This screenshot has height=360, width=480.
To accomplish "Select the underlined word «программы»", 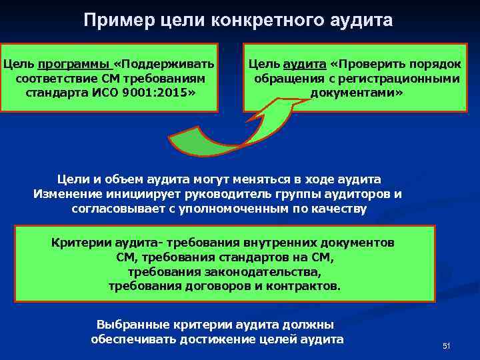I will pos(75,65).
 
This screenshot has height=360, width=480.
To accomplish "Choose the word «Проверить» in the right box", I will pos(373,65).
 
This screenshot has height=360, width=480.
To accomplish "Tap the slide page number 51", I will pos(446,345).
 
